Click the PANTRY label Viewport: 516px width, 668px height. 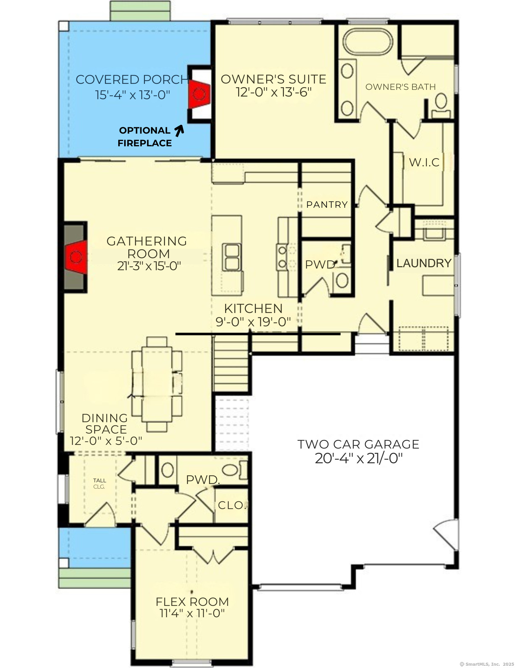(327, 204)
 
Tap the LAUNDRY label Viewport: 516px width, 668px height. (423, 263)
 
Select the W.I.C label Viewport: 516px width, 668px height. (424, 163)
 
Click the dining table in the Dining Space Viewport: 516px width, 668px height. (157, 384)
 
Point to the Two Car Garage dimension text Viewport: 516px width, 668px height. (359, 459)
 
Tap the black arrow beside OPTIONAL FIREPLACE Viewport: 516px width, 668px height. (179, 131)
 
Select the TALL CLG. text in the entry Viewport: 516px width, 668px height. (100, 483)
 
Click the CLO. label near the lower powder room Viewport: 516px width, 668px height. (232, 505)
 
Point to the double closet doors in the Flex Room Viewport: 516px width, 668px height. (213, 555)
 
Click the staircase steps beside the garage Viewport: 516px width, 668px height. (231, 364)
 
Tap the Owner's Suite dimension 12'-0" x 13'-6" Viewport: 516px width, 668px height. (274, 92)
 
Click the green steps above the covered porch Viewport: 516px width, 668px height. (140, 11)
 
